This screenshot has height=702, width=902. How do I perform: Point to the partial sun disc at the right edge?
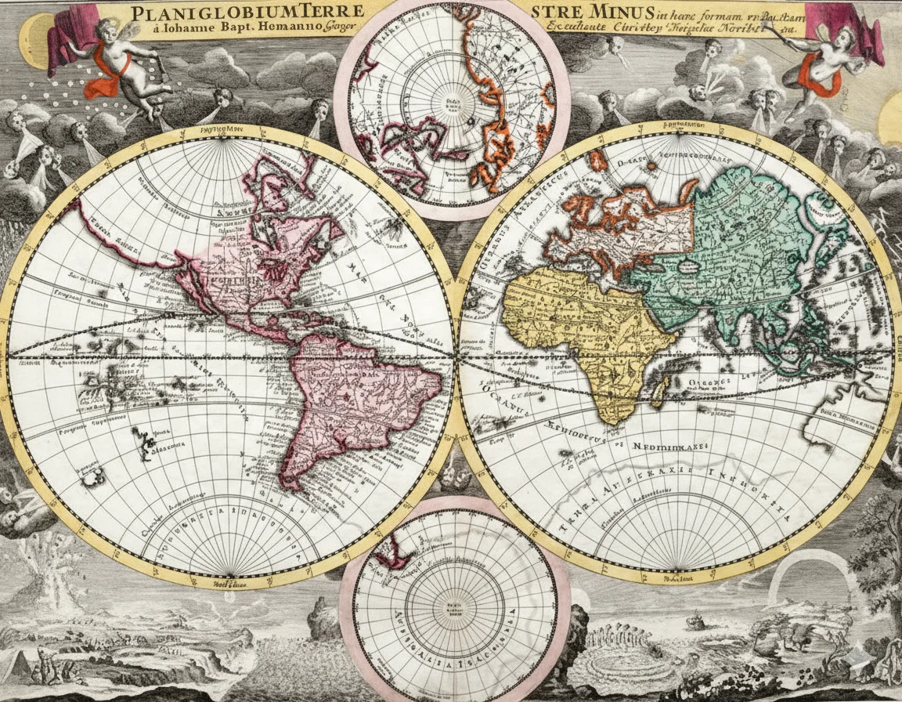click(892, 118)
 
